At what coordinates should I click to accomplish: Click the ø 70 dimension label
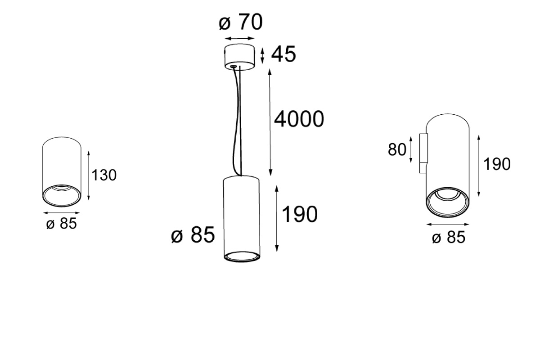241,22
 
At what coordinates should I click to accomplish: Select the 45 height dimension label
283,54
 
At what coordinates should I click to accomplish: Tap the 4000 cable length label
299,119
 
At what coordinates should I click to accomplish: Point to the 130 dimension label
104,175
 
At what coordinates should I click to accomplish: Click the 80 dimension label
397,149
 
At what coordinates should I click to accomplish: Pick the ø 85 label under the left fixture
62,224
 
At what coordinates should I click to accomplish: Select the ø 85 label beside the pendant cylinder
193,234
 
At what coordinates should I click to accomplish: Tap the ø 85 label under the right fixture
448,237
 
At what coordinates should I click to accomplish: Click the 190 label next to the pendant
299,214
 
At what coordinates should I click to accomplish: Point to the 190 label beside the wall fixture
497,164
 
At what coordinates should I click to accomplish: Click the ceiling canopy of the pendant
239,57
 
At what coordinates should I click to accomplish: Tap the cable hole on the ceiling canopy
233,66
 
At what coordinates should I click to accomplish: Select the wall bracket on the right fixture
423,153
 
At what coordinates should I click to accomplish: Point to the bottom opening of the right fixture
448,202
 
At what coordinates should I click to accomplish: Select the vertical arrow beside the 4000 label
270,122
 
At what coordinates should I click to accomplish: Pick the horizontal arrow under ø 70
239,38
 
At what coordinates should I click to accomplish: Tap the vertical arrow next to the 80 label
411,149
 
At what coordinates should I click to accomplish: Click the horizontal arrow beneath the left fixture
62,213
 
